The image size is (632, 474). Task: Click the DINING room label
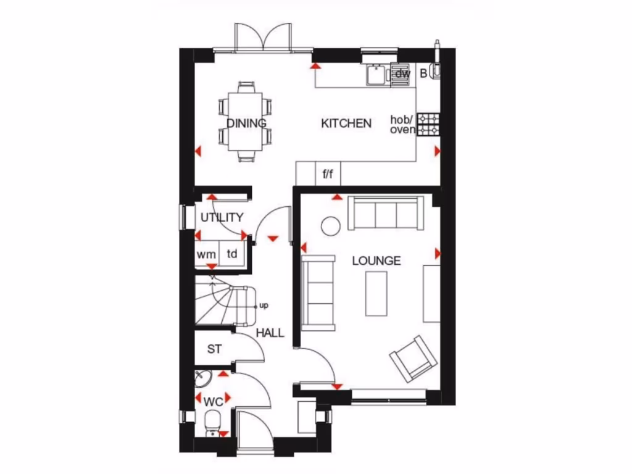(x=246, y=123)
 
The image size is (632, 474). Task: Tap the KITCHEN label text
(x=346, y=123)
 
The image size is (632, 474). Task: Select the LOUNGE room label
(x=376, y=260)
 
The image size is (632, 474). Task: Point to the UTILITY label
(x=222, y=217)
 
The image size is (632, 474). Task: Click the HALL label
(x=270, y=333)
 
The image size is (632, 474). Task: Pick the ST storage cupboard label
(x=214, y=349)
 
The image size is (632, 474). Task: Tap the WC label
(x=213, y=402)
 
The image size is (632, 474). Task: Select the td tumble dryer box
(x=232, y=254)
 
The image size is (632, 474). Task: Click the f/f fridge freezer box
(x=328, y=174)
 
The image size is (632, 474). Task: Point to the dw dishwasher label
(x=402, y=74)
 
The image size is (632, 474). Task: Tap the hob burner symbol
(x=428, y=123)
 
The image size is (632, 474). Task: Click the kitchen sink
(x=375, y=75)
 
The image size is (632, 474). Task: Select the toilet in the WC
(x=213, y=423)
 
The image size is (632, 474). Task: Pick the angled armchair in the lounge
(x=412, y=360)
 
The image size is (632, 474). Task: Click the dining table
(x=246, y=123)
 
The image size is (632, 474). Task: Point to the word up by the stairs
(x=264, y=305)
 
